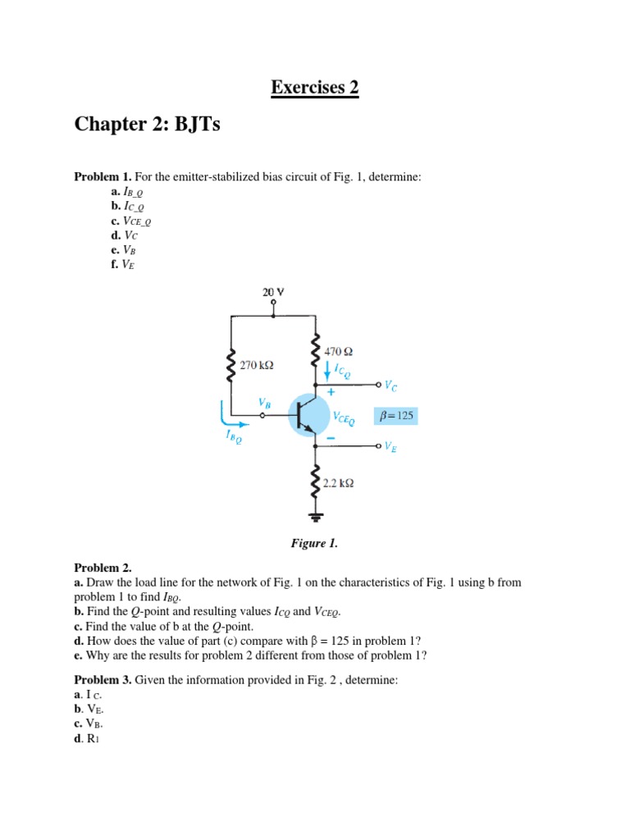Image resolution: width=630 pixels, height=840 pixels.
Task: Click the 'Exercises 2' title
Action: (x=315, y=87)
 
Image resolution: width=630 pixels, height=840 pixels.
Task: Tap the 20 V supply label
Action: (x=273, y=292)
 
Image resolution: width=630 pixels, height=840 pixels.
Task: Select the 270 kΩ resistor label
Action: (x=256, y=365)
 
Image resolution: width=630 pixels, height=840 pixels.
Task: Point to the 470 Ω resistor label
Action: (x=339, y=351)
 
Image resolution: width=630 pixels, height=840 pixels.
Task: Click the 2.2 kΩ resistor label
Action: (x=338, y=484)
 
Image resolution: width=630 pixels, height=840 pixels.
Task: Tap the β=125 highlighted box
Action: (x=395, y=417)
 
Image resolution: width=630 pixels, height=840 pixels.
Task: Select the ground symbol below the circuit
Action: (x=314, y=517)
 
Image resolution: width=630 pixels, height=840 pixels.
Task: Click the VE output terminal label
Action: (x=390, y=447)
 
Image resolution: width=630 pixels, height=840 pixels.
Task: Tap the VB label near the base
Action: (x=263, y=403)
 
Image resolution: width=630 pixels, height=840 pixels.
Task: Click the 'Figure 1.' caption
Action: (x=314, y=543)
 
